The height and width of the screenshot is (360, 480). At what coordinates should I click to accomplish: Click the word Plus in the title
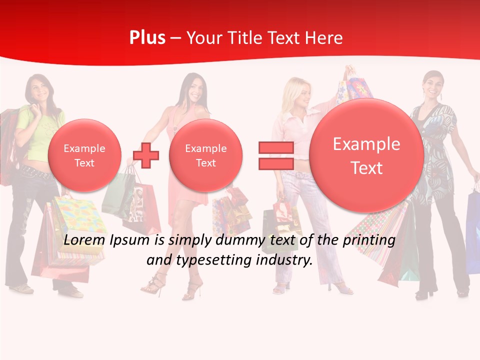147,38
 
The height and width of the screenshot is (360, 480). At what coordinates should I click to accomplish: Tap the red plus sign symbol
146,155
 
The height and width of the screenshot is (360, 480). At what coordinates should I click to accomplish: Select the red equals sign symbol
275,155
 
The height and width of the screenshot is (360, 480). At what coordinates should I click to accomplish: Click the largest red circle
366,155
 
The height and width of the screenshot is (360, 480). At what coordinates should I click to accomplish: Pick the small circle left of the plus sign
84,155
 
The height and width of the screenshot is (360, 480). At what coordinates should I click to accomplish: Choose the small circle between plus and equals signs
205,155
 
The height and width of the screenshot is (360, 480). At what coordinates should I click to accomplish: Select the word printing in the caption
369,240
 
